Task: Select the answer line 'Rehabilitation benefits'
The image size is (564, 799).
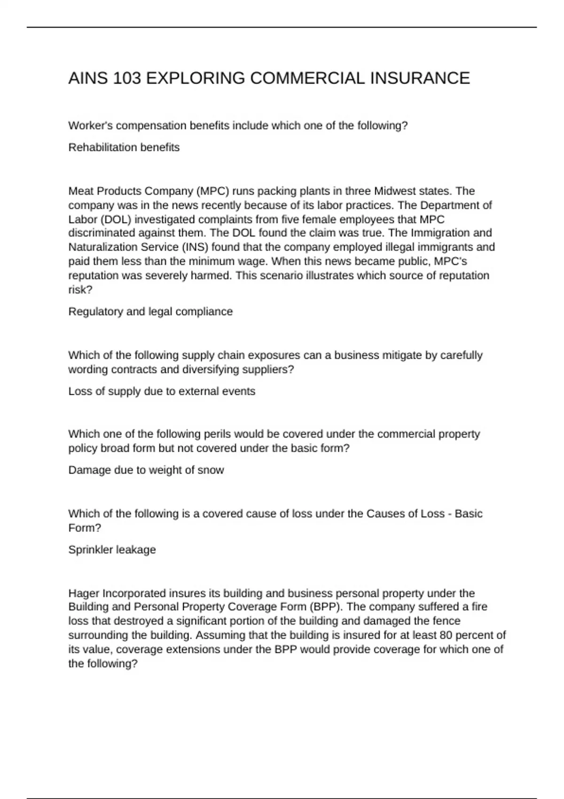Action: (124, 148)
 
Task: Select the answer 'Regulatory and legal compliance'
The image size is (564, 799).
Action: (150, 312)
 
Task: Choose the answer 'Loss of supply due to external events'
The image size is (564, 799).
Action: (162, 392)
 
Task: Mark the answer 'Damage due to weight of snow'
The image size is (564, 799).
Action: (146, 470)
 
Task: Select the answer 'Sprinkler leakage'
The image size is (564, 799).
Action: (112, 550)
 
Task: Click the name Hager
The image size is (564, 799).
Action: (84, 594)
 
